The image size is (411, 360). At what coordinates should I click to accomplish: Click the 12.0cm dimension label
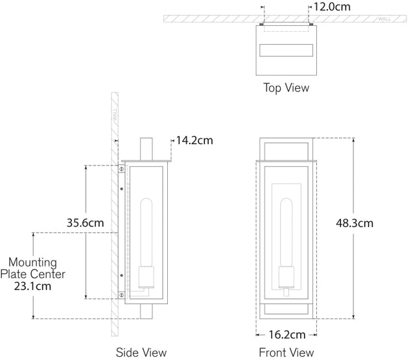pos(332,7)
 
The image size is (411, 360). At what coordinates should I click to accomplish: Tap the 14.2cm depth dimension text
pos(194,140)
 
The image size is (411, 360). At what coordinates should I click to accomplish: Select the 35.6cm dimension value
pos(85,223)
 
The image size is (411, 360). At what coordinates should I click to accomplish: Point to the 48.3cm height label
pos(355,223)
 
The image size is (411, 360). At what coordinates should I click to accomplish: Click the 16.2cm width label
pos(287,335)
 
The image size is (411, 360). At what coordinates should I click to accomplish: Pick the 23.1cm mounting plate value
pos(32,286)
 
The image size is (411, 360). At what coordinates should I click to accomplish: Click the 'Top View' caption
pos(287,88)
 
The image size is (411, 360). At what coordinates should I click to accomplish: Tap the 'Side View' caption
pos(141,352)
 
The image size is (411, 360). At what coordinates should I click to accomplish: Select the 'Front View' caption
pos(287,352)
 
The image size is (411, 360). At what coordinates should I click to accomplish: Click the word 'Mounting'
pos(32,263)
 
